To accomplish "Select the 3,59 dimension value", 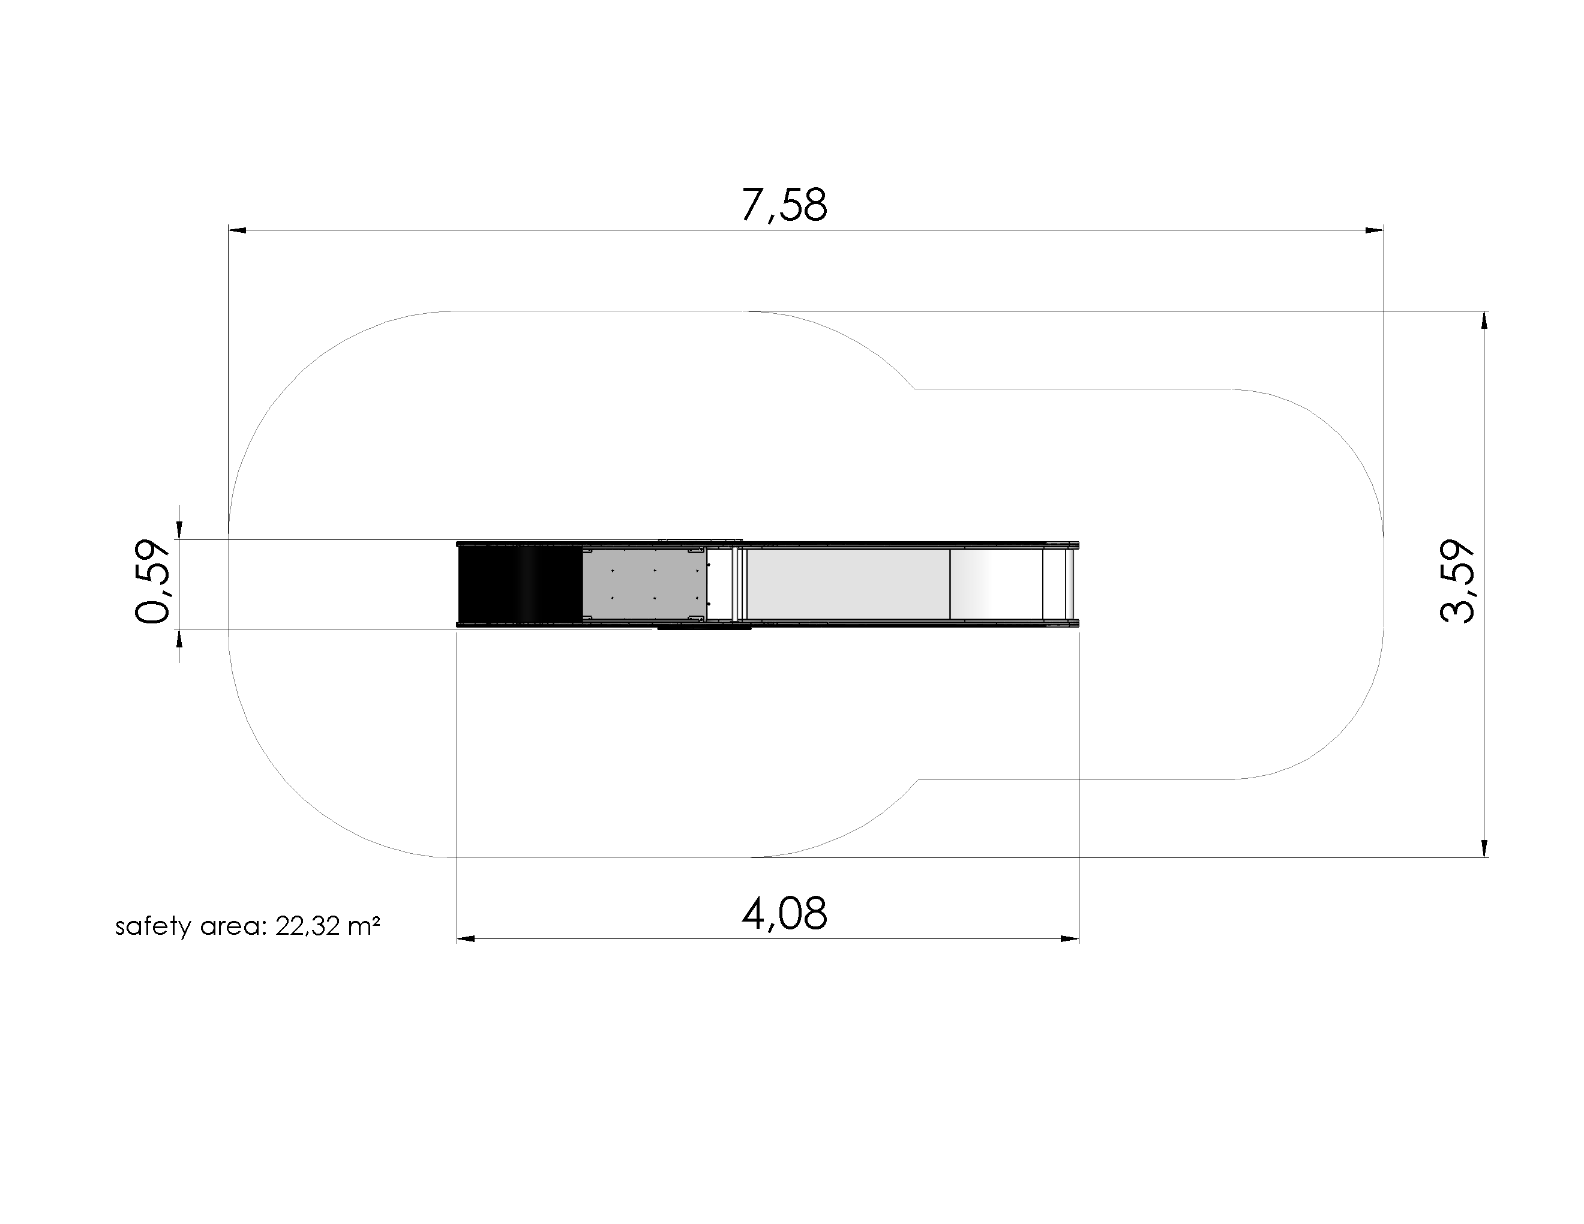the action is tap(1457, 582).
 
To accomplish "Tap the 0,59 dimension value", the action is tap(153, 581).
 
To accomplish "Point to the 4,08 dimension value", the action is tap(784, 914).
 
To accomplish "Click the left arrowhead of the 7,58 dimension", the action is tap(237, 230).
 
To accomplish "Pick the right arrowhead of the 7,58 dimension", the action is tap(1375, 230).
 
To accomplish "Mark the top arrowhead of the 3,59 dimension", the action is tap(1484, 320).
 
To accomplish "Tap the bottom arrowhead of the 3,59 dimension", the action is tap(1484, 848).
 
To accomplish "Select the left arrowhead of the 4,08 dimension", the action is tap(466, 939).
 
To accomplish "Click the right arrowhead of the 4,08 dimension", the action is tap(1070, 939).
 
